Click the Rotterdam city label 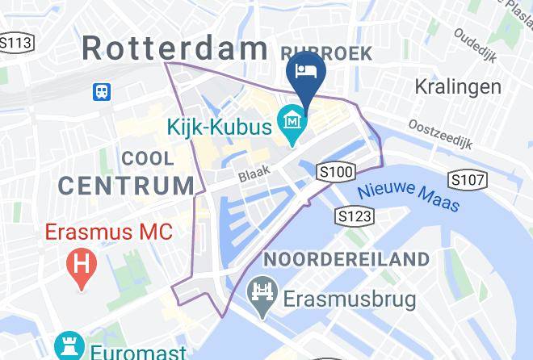[x=174, y=48]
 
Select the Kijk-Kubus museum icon [x=291, y=123]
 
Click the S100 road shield [x=337, y=171]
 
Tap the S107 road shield [x=467, y=178]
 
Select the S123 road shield [x=355, y=216]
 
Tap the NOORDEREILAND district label [x=346, y=259]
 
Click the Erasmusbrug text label [x=350, y=300]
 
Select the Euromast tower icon [x=69, y=349]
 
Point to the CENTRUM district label [x=127, y=185]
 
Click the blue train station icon [x=103, y=91]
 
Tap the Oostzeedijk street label [x=438, y=135]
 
